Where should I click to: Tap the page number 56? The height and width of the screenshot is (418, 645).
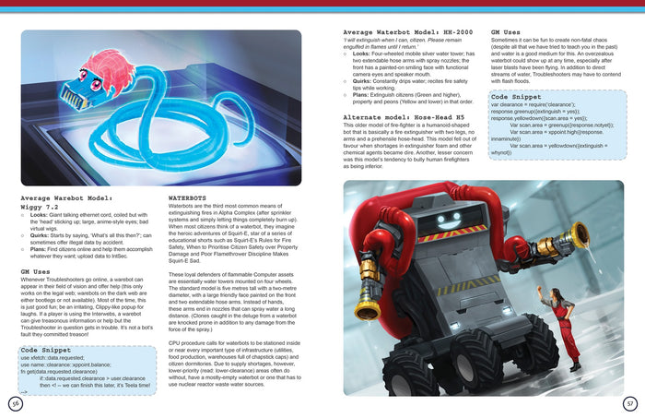tap(15, 403)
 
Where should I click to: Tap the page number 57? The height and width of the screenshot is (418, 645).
tap(630, 403)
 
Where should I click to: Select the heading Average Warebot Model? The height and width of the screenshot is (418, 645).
tap(66, 197)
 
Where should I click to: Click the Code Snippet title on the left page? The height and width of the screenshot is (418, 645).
tap(44, 352)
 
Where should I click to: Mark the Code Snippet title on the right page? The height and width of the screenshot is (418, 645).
tap(516, 97)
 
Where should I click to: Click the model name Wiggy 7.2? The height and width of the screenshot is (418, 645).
tap(40, 207)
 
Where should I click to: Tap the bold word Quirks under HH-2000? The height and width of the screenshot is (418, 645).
tap(364, 78)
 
